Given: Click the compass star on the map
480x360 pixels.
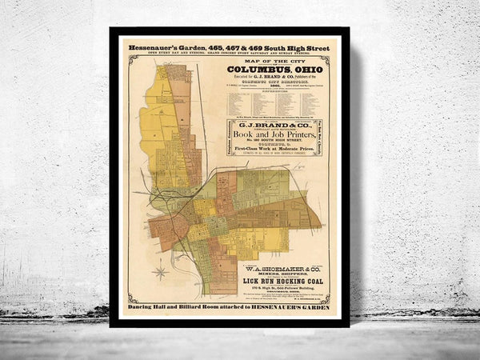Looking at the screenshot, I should click(x=160, y=272).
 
